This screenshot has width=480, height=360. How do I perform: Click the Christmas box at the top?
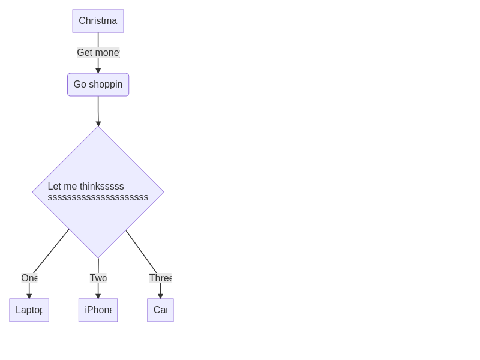(98, 21)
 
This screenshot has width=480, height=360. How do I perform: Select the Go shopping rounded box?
(98, 85)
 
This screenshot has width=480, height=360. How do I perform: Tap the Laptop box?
(29, 310)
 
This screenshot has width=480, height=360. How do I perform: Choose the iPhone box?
(98, 310)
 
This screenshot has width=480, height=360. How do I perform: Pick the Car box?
(160, 310)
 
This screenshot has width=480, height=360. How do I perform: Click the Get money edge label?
(98, 53)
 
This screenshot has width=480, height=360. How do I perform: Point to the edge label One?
(29, 278)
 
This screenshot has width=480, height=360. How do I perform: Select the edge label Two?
(98, 278)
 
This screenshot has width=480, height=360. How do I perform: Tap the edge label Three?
(160, 278)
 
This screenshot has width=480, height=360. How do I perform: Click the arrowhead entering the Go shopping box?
(98, 71)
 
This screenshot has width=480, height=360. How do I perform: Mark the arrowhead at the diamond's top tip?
(98, 124)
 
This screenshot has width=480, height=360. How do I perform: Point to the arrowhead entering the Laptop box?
(29, 296)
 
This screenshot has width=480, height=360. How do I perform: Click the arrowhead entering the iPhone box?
(98, 296)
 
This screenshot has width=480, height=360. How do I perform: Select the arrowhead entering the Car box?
(160, 296)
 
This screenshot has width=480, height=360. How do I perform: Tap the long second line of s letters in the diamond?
(98, 197)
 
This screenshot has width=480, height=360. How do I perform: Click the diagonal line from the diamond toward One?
(52, 251)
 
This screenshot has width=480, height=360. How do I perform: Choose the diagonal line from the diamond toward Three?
(141, 251)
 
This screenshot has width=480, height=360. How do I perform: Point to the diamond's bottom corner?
(98, 257)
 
